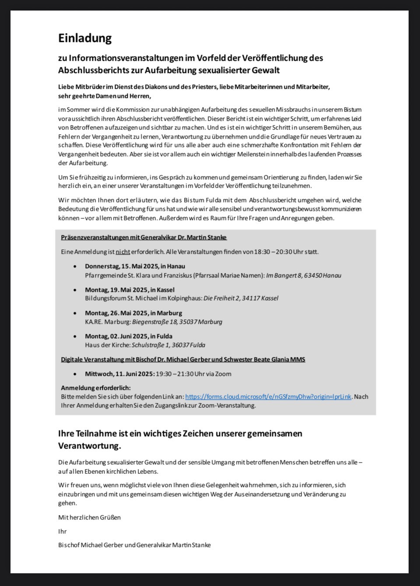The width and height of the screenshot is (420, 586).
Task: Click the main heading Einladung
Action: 85,38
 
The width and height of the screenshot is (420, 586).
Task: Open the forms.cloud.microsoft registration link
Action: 268,397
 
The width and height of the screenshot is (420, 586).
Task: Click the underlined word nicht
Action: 123,252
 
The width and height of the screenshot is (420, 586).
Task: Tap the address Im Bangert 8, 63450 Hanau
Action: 304,275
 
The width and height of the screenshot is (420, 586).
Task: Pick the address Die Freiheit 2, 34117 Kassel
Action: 241,298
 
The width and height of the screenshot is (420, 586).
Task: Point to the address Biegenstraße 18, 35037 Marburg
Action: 177,322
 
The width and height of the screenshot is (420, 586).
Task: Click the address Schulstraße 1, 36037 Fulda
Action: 168,345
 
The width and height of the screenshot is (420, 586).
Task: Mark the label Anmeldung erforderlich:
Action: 96,388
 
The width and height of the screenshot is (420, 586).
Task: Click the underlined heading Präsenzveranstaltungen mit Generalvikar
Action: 144,237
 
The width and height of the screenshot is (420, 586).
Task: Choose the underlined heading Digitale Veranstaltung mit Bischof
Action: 183,359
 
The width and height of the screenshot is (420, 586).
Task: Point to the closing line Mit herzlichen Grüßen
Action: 89,517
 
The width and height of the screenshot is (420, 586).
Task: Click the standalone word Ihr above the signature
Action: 63,531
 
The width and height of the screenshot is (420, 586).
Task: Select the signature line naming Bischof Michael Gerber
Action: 134,545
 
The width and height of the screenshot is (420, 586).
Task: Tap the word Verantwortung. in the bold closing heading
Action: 89,446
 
